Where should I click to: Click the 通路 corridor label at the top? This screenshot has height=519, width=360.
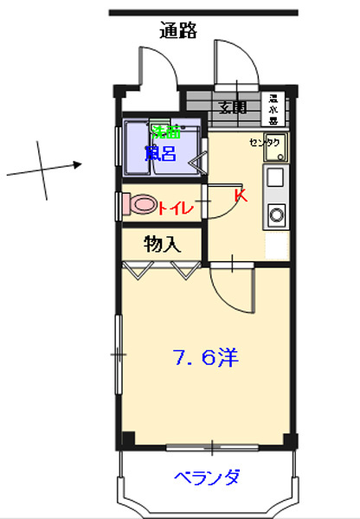click(179, 31)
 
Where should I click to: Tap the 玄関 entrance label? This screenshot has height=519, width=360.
click(232, 108)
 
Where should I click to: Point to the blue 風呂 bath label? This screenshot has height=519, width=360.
click(160, 154)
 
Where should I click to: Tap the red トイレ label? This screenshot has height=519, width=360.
click(176, 207)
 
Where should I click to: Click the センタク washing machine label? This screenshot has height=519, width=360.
click(264, 143)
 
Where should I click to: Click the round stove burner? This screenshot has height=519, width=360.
click(277, 213)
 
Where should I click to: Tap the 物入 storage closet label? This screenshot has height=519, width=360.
click(162, 244)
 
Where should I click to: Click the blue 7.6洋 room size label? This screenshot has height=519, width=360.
click(205, 357)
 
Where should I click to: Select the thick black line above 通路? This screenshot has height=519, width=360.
click(203, 12)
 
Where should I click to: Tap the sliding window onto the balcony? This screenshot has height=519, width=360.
click(212, 448)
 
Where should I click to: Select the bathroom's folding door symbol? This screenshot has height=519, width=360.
click(199, 159)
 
